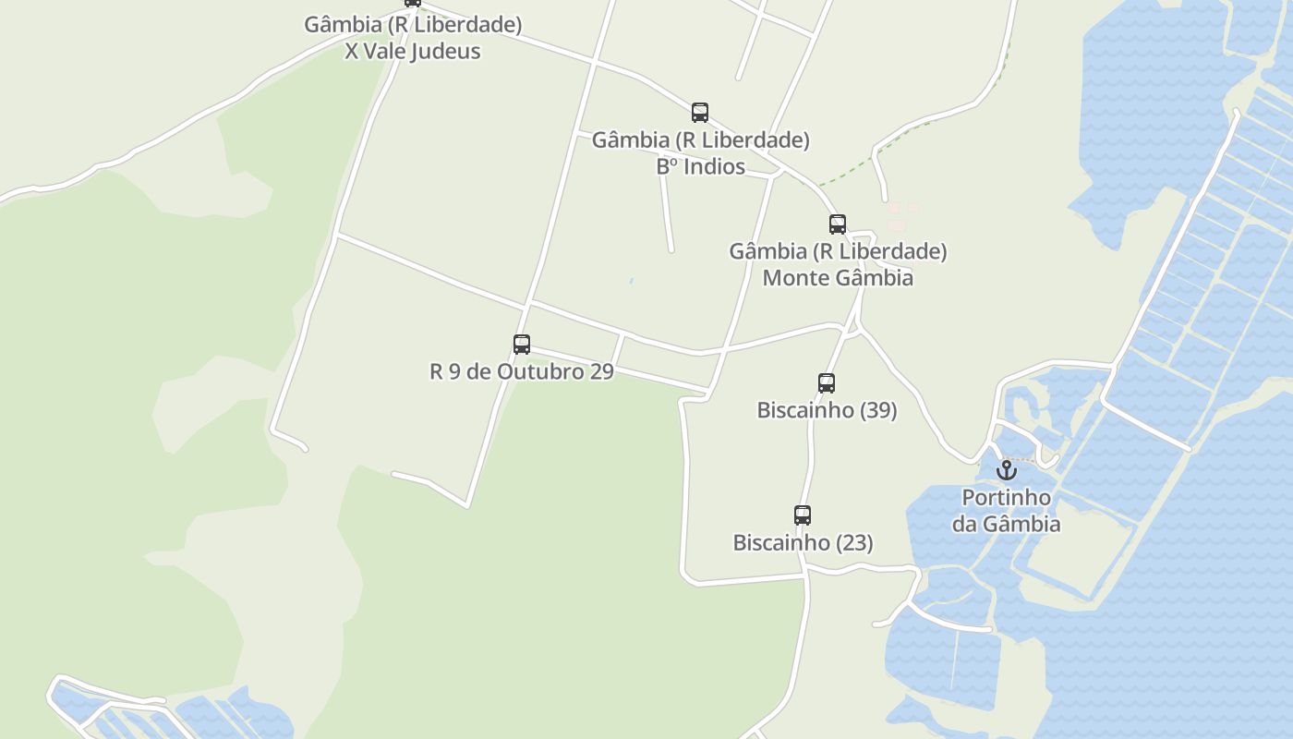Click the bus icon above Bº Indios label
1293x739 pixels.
coord(700,113)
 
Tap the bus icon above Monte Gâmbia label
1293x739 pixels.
coord(838,224)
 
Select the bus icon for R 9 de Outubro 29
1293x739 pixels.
coord(522,345)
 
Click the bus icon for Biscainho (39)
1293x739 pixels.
coord(827,383)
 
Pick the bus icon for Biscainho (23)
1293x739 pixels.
coord(803,515)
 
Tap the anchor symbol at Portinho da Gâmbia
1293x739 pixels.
coord(1007,470)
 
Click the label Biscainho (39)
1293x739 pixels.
coord(827,410)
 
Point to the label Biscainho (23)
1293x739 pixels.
coord(803,542)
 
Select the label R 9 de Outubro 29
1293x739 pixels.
coord(522,371)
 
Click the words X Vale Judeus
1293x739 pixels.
coord(413,51)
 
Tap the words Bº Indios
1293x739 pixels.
coord(700,166)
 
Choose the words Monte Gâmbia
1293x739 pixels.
coord(838,277)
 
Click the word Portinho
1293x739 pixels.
coord(1007,497)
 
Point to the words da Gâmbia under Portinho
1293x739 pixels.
coord(1007,524)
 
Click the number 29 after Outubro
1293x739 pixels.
coord(601,371)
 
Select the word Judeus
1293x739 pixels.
coord(445,51)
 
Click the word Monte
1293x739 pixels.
coord(793,277)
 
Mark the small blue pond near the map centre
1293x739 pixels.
coord(632,281)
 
